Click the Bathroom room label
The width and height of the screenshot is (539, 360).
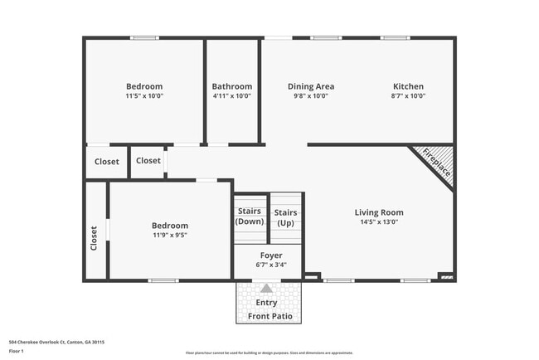click(x=231, y=86)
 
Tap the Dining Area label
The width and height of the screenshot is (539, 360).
click(x=311, y=86)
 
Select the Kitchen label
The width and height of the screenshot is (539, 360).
click(x=408, y=86)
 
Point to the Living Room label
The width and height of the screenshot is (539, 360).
click(x=379, y=212)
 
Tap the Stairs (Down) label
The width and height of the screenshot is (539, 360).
click(x=250, y=216)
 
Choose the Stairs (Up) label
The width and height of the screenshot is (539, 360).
click(x=285, y=217)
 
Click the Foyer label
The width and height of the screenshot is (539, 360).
click(x=271, y=255)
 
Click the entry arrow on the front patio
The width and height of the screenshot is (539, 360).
click(x=267, y=289)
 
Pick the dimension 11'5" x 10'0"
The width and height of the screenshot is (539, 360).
click(x=144, y=96)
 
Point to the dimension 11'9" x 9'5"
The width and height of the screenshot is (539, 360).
click(x=169, y=235)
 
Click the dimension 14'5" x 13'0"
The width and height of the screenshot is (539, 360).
click(x=379, y=221)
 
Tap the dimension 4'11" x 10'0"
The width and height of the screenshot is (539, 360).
click(x=231, y=96)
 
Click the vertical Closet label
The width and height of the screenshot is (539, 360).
click(x=94, y=238)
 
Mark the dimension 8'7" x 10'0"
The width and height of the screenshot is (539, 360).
click(x=408, y=96)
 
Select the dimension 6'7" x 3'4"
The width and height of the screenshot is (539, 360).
click(x=271, y=265)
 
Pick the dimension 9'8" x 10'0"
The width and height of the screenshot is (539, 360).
click(x=311, y=96)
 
